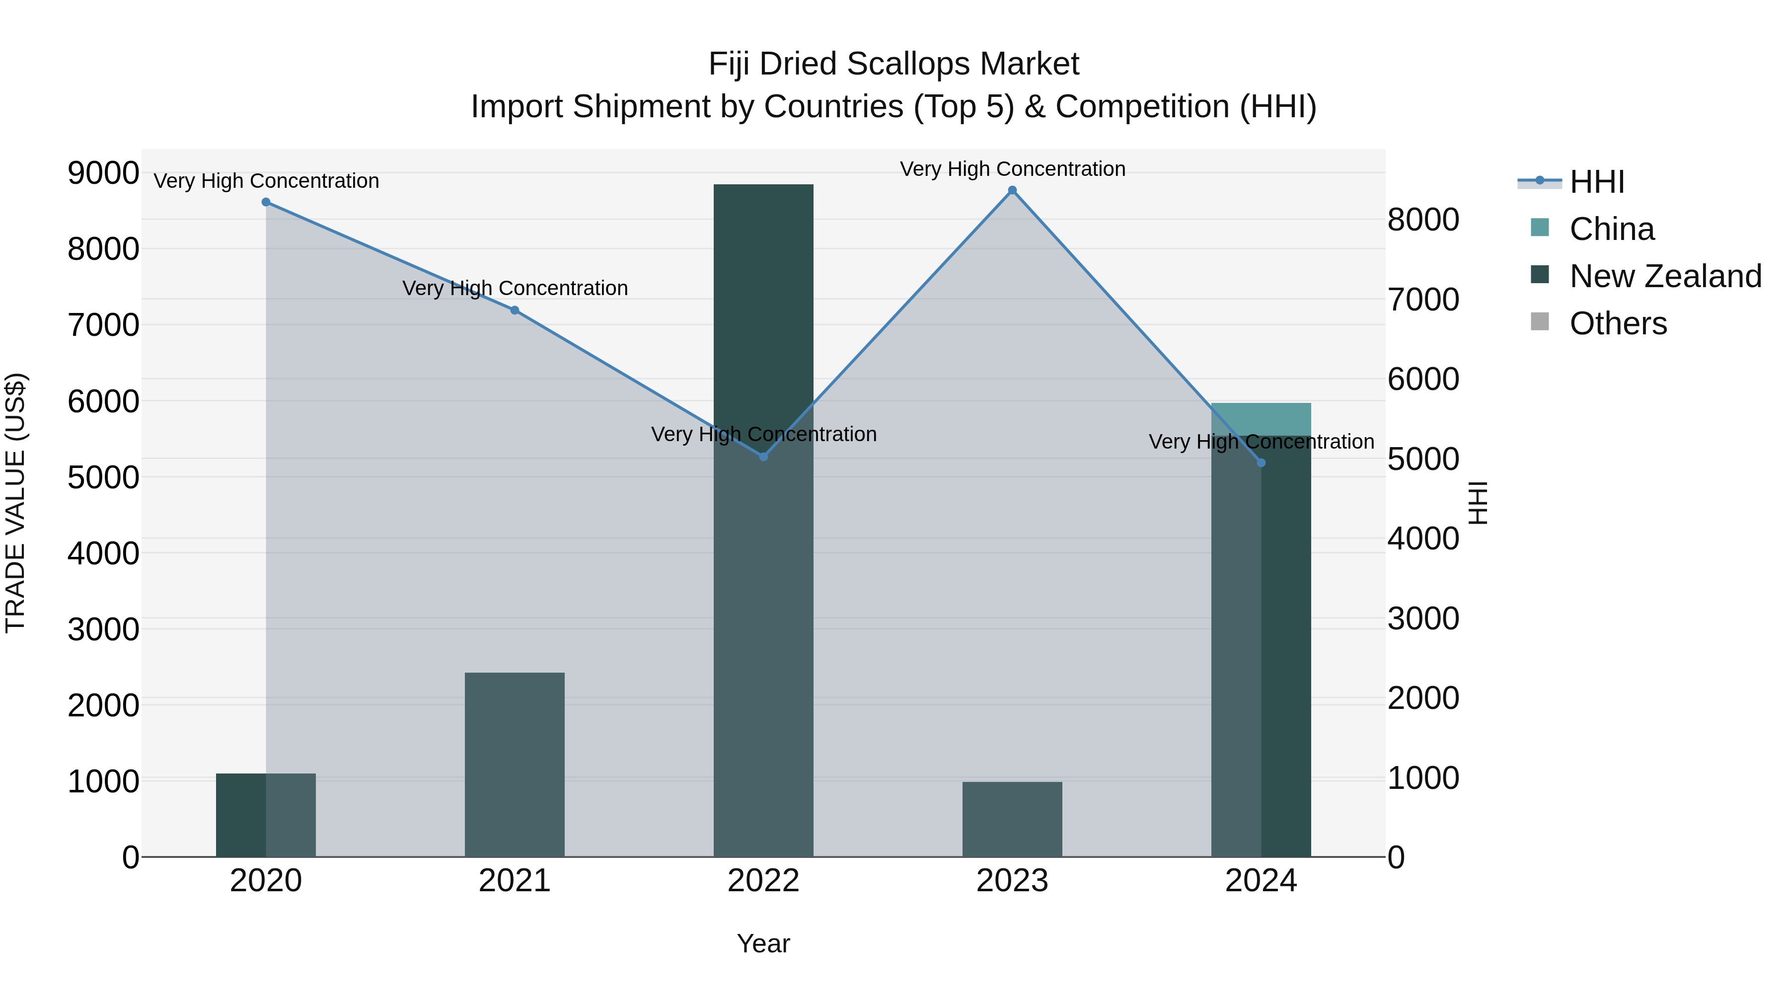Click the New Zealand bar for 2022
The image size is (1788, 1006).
(x=763, y=520)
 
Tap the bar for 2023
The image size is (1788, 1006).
(x=1012, y=819)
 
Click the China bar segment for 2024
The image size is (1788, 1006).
(x=1261, y=419)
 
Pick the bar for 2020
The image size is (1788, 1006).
(x=266, y=815)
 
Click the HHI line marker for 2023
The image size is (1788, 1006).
(x=1012, y=190)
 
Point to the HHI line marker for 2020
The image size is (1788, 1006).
(x=266, y=202)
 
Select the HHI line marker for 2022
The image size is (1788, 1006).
(x=763, y=457)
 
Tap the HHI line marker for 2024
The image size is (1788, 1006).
(x=1261, y=463)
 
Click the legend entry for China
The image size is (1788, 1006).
(x=1611, y=229)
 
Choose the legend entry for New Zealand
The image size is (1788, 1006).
(x=1664, y=276)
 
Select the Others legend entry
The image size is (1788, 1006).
(x=1617, y=323)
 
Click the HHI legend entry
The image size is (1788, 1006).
(x=1596, y=182)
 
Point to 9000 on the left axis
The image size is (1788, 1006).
(x=103, y=173)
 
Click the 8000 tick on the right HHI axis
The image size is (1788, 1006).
(x=1423, y=220)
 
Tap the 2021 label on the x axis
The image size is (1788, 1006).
(x=515, y=881)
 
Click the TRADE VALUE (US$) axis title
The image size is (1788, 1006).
(x=15, y=503)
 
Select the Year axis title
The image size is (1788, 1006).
(x=763, y=943)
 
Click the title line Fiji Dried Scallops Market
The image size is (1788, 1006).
(x=894, y=64)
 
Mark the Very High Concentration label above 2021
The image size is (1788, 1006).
(x=515, y=288)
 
